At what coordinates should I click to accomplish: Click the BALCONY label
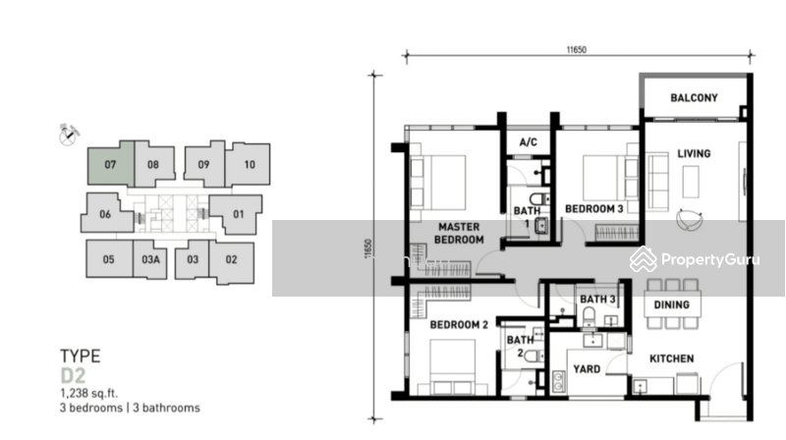pos(694,98)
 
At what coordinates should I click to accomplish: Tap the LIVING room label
pos(693,153)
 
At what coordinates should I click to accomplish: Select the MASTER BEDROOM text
pos(460,233)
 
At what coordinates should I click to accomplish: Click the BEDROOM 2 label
pos(459,325)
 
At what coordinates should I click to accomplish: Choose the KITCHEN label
pos(671,358)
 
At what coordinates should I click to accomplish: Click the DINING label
pos(671,305)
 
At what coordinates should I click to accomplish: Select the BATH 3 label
pos(597,300)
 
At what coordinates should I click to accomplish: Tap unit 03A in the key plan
pos(149,259)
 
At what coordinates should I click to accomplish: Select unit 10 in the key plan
pos(249,165)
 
